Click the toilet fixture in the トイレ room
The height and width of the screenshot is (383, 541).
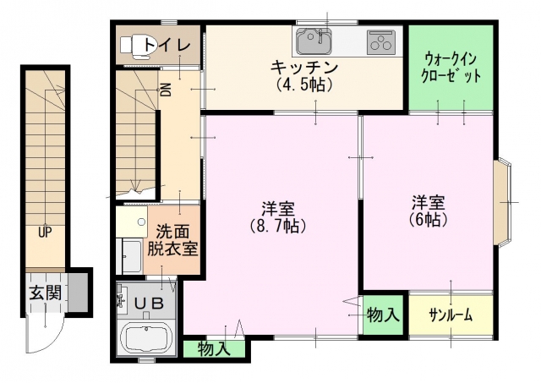pos(137,46)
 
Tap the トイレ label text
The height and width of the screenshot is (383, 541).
pos(167,45)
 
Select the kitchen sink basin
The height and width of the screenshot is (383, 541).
pos(314,41)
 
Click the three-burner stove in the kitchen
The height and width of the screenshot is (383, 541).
pos(380,42)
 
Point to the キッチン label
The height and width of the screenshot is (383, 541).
pos(304,68)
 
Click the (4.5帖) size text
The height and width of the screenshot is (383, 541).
pos(304,85)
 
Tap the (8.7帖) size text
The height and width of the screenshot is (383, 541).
pos(278,226)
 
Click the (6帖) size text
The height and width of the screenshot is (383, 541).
pos(429,219)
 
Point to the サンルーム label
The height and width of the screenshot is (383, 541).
pos(451,315)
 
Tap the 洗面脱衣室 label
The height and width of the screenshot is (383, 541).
pos(172,240)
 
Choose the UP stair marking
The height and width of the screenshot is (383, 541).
pos(45,233)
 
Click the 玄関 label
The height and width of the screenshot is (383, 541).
pos(45,293)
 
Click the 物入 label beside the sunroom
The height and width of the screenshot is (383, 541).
pos(383,315)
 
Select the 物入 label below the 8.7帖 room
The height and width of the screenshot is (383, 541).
pos(214,349)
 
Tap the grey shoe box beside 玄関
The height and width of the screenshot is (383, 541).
pos(78,293)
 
